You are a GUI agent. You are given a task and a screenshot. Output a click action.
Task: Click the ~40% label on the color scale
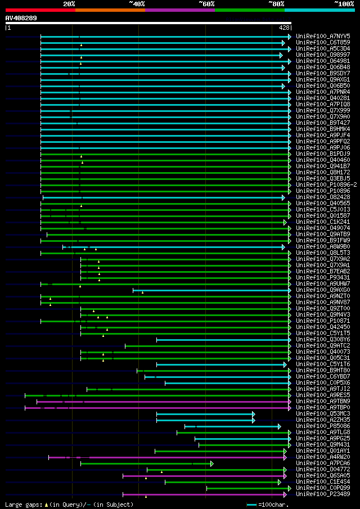[137, 3]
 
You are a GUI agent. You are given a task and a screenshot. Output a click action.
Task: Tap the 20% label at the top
[69, 3]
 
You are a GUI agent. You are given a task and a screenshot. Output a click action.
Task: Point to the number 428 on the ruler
[284, 28]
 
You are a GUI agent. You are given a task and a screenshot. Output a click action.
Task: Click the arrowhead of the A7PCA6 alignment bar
[211, 463]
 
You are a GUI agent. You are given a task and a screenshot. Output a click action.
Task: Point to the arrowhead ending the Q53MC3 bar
[254, 414]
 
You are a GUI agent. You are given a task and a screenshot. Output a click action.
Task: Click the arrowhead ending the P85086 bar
[279, 426]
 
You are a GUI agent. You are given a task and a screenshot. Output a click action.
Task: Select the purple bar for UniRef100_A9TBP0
[157, 408]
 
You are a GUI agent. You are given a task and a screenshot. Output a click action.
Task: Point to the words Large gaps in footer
[21, 505]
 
